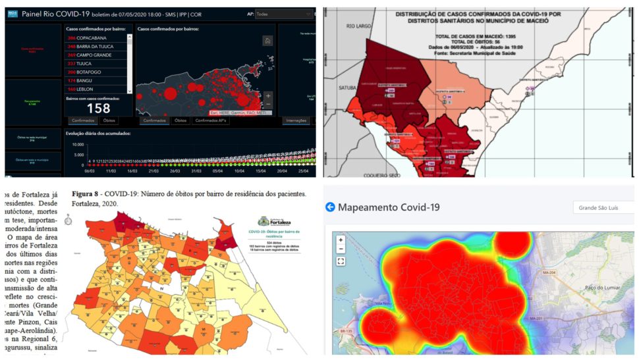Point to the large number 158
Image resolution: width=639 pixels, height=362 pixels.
[x=99, y=107]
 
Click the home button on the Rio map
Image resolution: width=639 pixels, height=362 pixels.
[x=267, y=41]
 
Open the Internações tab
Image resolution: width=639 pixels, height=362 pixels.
[x=296, y=121]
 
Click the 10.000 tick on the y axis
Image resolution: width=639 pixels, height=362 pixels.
[x=76, y=144]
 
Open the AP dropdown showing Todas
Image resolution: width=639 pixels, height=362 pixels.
[x=284, y=13]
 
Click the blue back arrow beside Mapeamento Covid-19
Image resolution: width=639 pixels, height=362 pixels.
[x=330, y=207]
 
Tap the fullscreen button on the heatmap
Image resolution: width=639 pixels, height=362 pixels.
[x=341, y=261]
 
